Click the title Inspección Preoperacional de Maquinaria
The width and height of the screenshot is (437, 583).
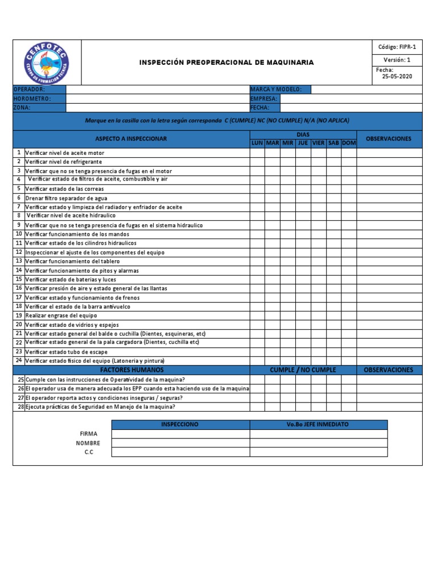coord(226,63)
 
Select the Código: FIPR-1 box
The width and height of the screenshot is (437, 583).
coord(397,47)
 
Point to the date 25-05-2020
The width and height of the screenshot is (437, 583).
coord(397,77)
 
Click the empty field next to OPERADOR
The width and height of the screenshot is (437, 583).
coord(158,89)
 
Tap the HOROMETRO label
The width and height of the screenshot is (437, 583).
coord(32,98)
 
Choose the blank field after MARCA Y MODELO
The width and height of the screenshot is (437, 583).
coord(366,89)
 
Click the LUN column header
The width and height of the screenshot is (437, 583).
coord(257,143)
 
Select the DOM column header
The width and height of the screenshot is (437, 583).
coord(349,143)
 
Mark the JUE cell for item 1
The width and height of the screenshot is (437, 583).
coord(303,153)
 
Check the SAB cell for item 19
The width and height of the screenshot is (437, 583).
coord(333,315)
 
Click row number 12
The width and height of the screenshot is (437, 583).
coord(19,252)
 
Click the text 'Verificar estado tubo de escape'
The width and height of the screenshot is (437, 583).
coord(66,352)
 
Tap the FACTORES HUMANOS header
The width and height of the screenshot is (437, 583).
coord(131,370)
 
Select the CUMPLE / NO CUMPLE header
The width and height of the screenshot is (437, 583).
coord(303,370)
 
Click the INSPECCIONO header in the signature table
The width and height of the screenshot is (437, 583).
coord(180,425)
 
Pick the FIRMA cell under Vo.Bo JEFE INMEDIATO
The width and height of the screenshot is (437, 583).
coord(319,434)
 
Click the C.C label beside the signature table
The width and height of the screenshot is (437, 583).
coord(88,452)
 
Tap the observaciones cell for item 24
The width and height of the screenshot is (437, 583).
coord(389,361)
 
